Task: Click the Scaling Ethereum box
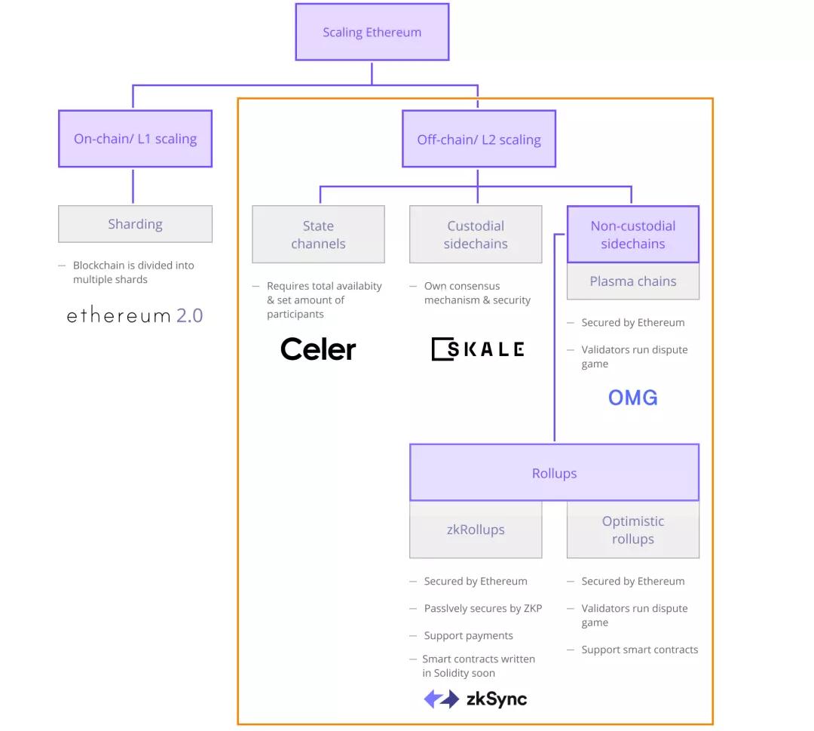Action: coord(372,32)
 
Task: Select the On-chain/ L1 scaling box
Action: coord(135,139)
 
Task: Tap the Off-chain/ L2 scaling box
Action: coord(479,140)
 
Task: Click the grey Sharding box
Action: coord(135,224)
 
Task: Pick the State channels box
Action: coord(318,235)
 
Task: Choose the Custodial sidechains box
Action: coord(476,235)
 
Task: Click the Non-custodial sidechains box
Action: coord(632,235)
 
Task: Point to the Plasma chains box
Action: coord(632,281)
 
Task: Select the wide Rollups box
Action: coord(554,473)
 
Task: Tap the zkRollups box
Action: coord(476,530)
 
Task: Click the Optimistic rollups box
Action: coord(632,530)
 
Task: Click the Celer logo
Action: coord(318,349)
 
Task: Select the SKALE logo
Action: coord(477,349)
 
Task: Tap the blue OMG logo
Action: coord(632,398)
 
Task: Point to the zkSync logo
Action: coord(476,699)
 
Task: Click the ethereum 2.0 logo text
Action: coord(135,315)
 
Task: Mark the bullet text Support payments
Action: coord(468,636)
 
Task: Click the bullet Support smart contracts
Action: coord(639,650)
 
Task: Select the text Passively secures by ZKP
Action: coord(482,609)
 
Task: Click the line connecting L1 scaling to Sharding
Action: coord(133,186)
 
